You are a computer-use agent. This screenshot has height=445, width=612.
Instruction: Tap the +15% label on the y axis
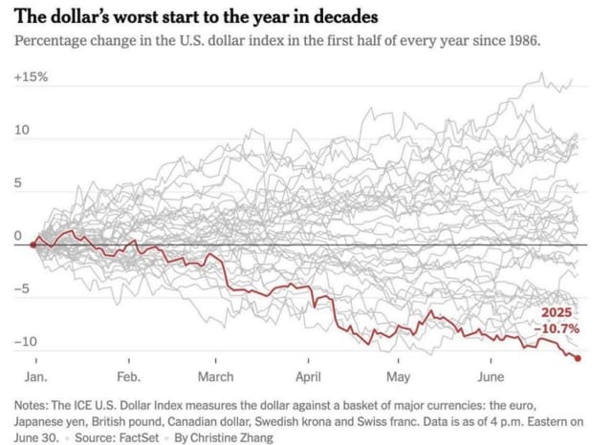click(31, 76)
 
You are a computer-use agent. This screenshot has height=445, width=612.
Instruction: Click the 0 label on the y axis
click(17, 235)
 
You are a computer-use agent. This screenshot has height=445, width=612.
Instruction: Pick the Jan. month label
click(34, 376)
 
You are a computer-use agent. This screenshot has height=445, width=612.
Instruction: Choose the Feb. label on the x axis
click(128, 376)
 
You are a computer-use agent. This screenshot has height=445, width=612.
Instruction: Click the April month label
click(308, 376)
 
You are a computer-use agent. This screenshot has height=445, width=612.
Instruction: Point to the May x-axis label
click(398, 376)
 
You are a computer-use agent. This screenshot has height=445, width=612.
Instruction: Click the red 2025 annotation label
click(559, 313)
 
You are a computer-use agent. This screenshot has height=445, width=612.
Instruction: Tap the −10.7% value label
click(557, 328)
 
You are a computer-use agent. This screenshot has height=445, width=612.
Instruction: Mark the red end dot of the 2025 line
click(579, 358)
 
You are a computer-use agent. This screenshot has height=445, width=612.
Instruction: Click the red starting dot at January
click(33, 244)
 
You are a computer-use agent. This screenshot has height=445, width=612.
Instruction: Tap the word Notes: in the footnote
click(33, 403)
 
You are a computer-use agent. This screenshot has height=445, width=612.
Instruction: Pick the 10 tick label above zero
click(22, 130)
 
